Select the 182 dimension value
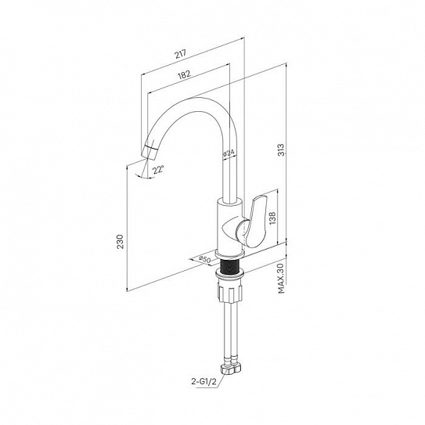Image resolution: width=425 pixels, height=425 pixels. [185, 74]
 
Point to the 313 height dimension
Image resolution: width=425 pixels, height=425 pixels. [282, 149]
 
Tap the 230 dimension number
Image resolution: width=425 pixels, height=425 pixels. [120, 242]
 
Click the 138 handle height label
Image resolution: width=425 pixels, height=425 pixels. [272, 218]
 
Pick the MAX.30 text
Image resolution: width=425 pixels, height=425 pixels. [281, 278]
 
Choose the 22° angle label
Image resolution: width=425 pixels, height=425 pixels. [158, 170]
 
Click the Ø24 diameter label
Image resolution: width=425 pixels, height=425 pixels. [229, 153]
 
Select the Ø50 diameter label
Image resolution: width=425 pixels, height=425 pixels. [204, 259]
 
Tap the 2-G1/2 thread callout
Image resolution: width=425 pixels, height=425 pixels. [203, 382]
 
